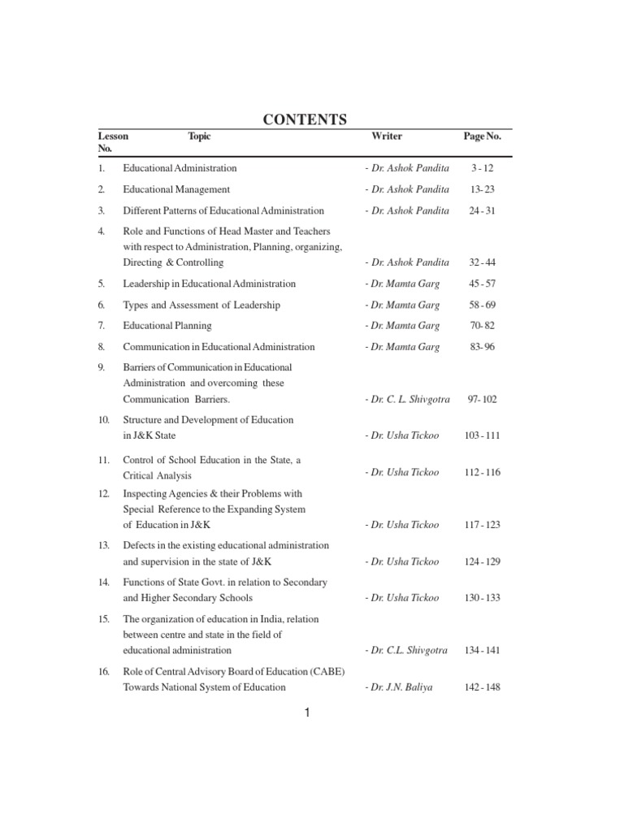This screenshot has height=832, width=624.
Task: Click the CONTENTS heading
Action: coord(305,119)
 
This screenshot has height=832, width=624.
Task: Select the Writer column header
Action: coord(387,136)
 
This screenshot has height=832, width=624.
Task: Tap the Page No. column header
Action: coord(482,136)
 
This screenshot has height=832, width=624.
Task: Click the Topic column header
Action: coord(199,136)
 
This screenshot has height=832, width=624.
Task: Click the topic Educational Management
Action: coord(176,189)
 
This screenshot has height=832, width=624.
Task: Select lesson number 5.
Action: coord(102,284)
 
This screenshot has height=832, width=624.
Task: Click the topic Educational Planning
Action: coord(167,326)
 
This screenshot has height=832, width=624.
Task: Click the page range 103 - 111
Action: coord(483,435)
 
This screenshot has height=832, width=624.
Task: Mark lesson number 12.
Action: coord(103,493)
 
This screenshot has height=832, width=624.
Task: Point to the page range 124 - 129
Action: coord(483,561)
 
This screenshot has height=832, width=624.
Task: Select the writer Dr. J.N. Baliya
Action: coord(399,687)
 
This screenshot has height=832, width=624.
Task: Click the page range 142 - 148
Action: coord(483,687)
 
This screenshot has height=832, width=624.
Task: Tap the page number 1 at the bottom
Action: coord(308,713)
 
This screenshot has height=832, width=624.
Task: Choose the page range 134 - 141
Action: coord(483,650)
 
